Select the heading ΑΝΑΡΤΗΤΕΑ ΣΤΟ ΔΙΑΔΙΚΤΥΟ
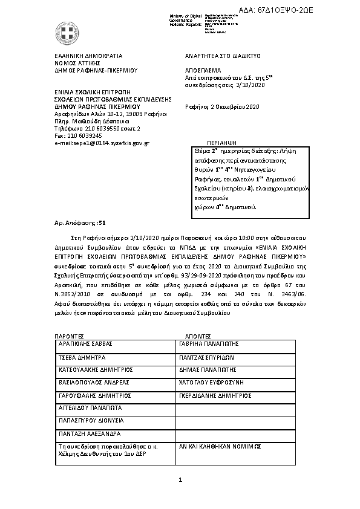coord(222,56)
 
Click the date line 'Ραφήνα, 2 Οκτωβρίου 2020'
coord(221,107)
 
